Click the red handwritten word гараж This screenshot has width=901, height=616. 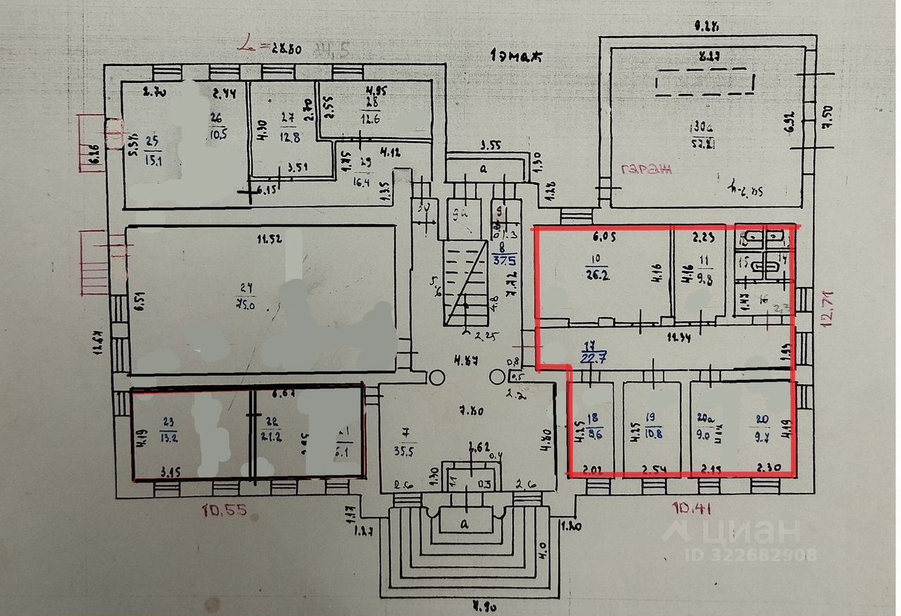click(x=647, y=169)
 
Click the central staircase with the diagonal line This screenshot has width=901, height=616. click(x=465, y=282)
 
